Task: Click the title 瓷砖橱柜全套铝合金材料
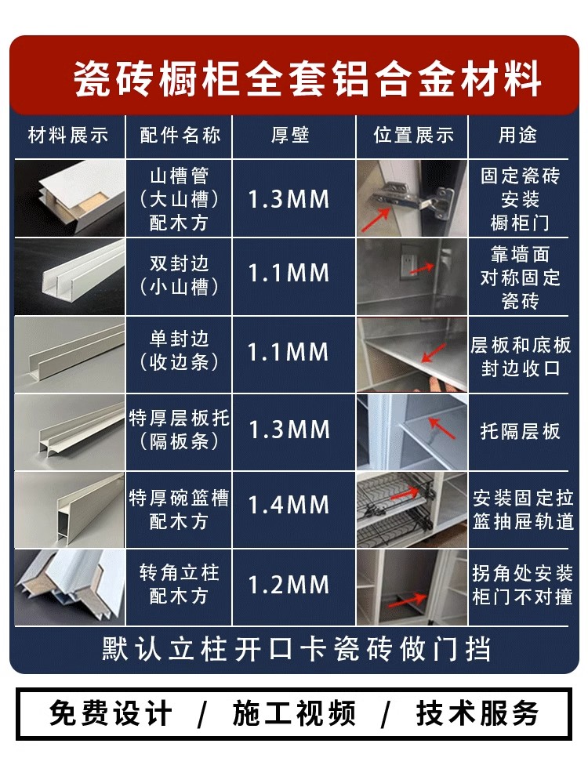[307, 79]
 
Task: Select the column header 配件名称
[179, 136]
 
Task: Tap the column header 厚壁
[290, 136]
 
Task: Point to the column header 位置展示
[413, 136]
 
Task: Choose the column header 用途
[519, 136]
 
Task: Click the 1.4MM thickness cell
[289, 506]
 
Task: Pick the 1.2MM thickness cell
[289, 585]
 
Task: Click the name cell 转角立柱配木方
[179, 585]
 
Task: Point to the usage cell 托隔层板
[521, 430]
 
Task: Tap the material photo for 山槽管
[70, 198]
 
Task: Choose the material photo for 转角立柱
[70, 586]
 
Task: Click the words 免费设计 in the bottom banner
[111, 714]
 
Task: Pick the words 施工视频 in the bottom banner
[294, 714]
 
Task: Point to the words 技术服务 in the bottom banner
[478, 714]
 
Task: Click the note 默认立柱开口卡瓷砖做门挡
[296, 650]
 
